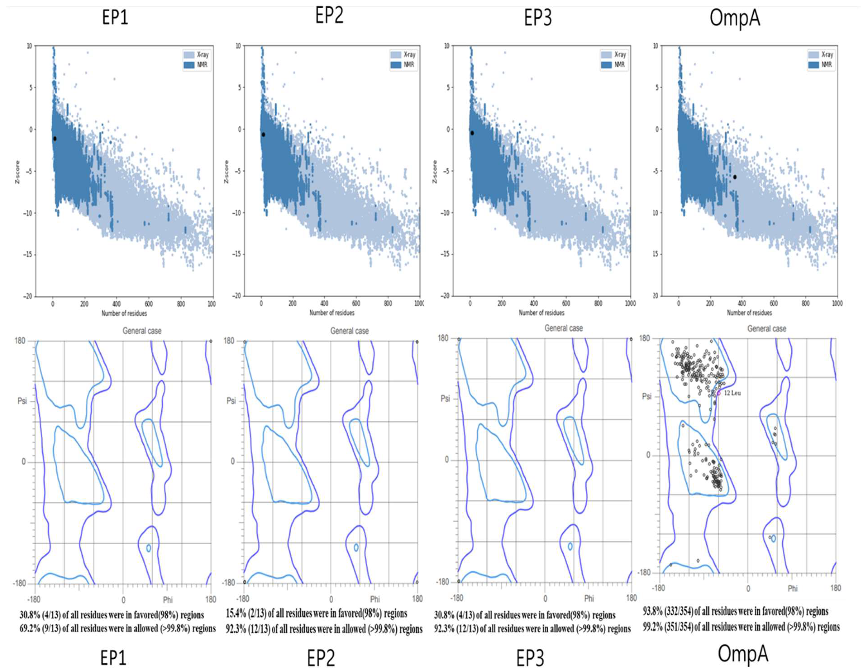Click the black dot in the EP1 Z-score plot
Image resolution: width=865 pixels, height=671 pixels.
point(55,139)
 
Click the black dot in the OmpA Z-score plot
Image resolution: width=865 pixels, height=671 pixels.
point(735,177)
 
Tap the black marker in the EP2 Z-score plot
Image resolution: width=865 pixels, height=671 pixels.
point(263,135)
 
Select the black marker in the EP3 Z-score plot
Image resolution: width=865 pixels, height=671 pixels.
point(472,133)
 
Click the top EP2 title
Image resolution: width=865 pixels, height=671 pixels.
point(329,16)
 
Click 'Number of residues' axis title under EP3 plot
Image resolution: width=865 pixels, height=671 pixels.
point(542,313)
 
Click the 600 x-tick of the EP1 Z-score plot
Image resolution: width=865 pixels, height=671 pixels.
point(148,304)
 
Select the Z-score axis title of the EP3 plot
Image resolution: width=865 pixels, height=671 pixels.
point(435,171)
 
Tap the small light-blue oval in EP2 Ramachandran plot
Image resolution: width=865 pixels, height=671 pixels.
point(356,547)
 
